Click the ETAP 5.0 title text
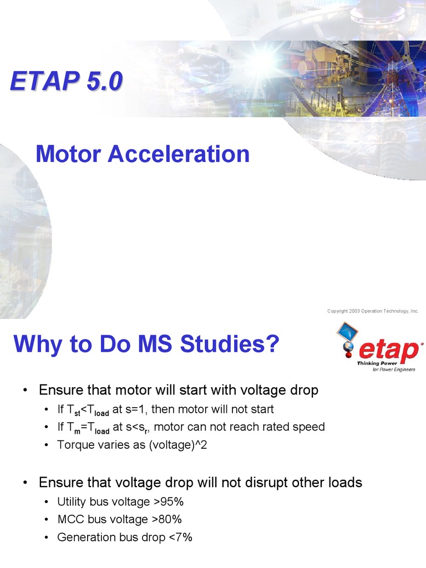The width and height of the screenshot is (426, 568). pyautogui.click(x=65, y=82)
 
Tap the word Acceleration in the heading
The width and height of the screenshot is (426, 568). pyautogui.click(x=179, y=154)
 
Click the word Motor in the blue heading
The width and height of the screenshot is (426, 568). pyautogui.click(x=69, y=154)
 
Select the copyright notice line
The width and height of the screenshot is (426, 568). pyautogui.click(x=373, y=311)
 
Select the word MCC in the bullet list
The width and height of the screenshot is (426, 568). pyautogui.click(x=70, y=520)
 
